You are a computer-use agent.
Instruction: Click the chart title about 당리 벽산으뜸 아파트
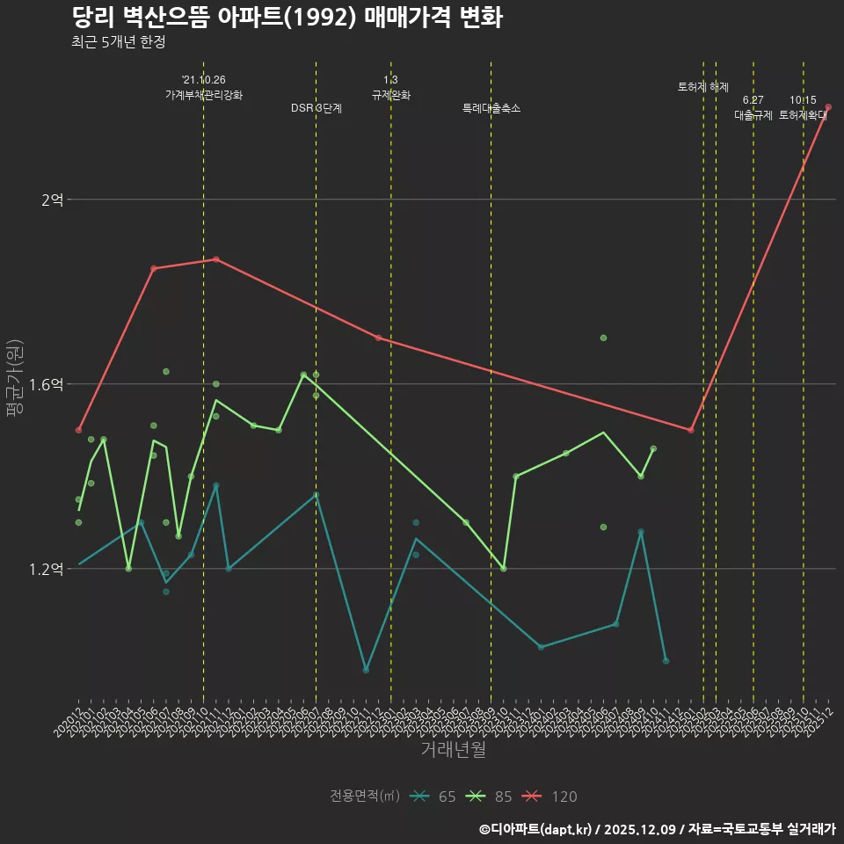click(287, 18)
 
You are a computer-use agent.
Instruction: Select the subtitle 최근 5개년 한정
click(118, 42)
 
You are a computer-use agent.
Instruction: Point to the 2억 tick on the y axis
click(52, 200)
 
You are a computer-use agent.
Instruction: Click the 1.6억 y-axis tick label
click(47, 385)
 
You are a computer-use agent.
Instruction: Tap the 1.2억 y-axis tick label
click(47, 570)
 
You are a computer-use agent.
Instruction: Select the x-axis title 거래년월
click(453, 750)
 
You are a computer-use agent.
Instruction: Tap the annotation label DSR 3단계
click(316, 108)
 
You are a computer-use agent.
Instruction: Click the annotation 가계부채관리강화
click(204, 95)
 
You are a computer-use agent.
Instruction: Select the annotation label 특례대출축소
click(491, 108)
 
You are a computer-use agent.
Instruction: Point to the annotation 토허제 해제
click(703, 87)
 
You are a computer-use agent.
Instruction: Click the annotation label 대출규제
click(753, 115)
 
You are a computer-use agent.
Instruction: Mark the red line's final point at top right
click(828, 107)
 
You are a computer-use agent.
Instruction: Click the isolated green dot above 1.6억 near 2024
click(603, 338)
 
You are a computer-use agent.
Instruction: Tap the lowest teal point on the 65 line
click(366, 670)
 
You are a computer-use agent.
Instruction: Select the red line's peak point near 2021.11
click(216, 259)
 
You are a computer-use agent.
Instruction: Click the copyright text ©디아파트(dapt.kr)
click(537, 829)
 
